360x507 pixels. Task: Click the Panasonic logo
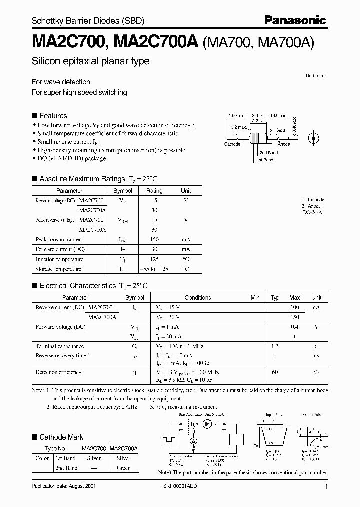(x=295, y=20)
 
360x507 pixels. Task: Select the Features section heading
(x=53, y=115)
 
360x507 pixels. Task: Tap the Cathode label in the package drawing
(x=232, y=144)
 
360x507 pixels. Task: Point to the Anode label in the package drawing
(x=284, y=144)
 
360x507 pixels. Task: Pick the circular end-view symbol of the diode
(x=314, y=137)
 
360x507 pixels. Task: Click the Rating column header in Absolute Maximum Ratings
(x=154, y=191)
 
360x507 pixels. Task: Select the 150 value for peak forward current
(x=154, y=240)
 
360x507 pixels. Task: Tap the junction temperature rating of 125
(x=154, y=259)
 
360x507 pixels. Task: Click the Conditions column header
(x=198, y=297)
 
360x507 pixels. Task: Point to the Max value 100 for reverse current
(x=295, y=307)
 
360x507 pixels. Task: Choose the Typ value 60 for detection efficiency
(x=275, y=372)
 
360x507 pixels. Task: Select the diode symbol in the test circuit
(x=206, y=424)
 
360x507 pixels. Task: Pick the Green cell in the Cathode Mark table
(x=123, y=468)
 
